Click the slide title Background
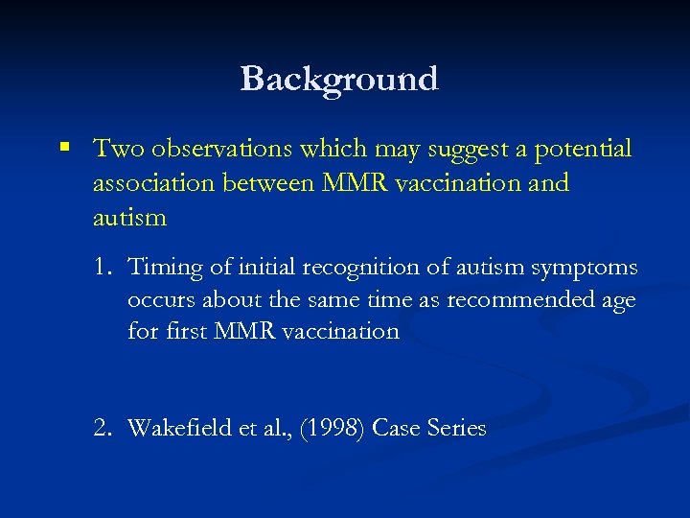tap(339, 79)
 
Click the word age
tap(618, 301)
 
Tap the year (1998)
tap(330, 428)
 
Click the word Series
tap(454, 428)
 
